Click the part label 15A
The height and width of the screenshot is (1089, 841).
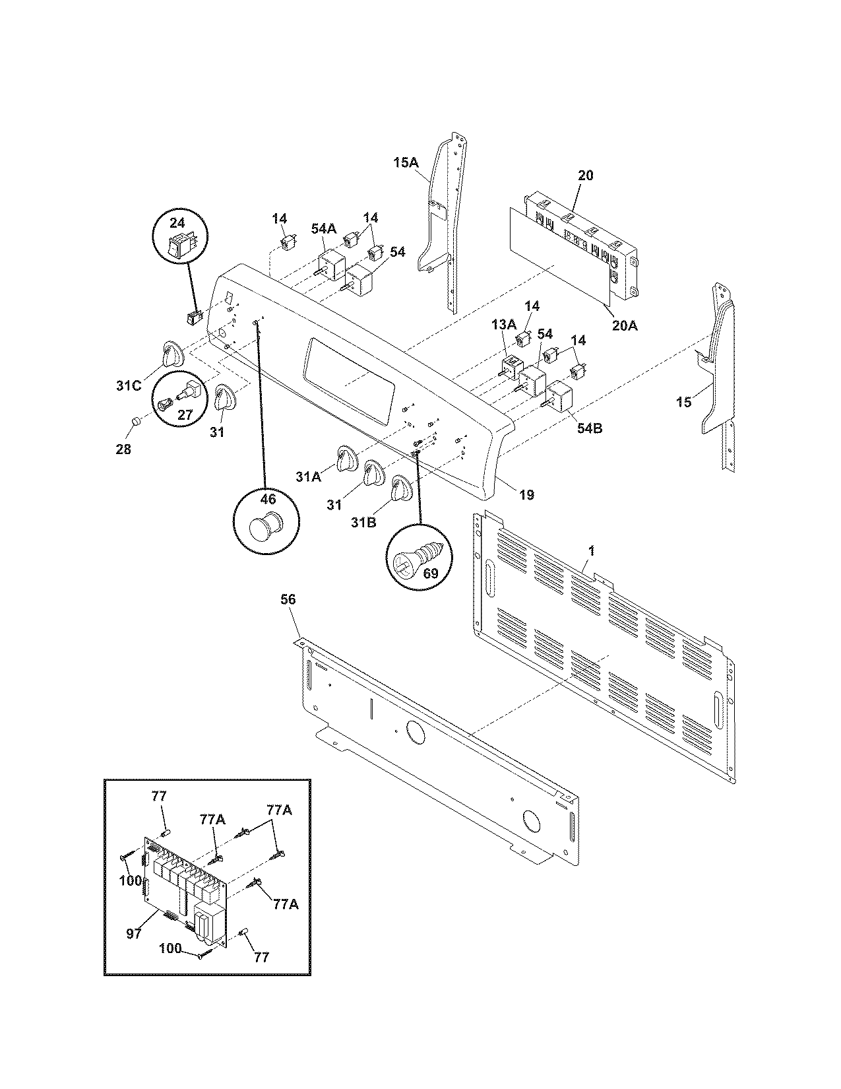(x=406, y=161)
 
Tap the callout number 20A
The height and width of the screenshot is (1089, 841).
(x=625, y=325)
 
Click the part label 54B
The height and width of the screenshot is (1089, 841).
(x=589, y=428)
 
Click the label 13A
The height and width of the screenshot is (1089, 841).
(x=503, y=324)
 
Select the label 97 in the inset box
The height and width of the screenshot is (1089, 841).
(x=134, y=934)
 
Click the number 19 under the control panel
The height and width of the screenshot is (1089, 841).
(x=526, y=494)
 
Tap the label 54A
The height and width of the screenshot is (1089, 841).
(x=323, y=228)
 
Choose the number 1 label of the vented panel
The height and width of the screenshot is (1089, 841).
(x=592, y=550)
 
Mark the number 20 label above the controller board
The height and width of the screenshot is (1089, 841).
(x=585, y=175)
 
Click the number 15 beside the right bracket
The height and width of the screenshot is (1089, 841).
(x=684, y=401)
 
